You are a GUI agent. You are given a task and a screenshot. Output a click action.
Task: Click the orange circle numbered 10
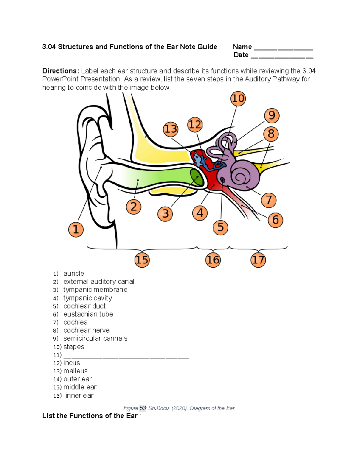[x=238, y=99]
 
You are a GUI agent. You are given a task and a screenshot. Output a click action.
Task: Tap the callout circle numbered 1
[x=76, y=230]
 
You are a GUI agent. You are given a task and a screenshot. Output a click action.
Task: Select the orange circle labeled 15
[x=142, y=260]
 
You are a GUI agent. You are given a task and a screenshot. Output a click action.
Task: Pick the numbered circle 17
[x=258, y=260]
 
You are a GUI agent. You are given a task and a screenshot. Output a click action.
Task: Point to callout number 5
[x=220, y=227]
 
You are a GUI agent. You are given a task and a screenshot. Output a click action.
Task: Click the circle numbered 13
[x=171, y=129]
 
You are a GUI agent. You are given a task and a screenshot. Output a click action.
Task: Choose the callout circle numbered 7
[x=269, y=200]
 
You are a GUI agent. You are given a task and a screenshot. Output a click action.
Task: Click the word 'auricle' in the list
[x=74, y=274]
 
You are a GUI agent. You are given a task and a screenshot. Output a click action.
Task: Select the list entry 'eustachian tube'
[x=88, y=314]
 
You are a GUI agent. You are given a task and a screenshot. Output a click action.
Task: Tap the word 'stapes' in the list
[x=74, y=347]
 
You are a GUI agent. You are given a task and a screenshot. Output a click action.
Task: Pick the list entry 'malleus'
[x=76, y=371]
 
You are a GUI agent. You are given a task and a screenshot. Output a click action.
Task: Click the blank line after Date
[x=282, y=57]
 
